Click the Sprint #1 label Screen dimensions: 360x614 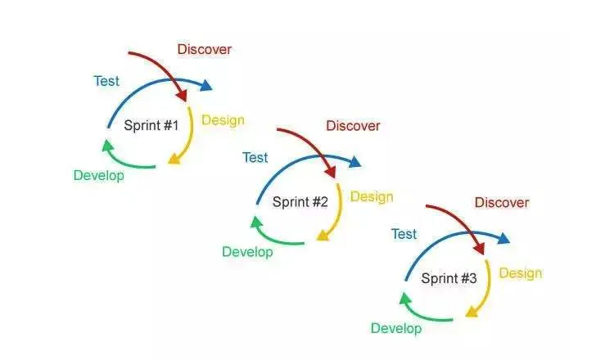[151, 125]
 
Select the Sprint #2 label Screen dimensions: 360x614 [300, 201]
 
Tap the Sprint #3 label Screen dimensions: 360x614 [449, 278]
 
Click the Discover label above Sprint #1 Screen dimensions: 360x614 [204, 49]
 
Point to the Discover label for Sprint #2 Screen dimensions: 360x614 [353, 125]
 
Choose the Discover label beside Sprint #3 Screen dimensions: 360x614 [502, 202]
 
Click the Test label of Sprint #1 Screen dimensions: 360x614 [106, 81]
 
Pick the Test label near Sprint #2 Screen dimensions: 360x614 [255, 157]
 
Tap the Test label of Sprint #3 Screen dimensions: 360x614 [404, 234]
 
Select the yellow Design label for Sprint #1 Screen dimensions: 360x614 [223, 120]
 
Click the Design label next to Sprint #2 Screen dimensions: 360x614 [372, 196]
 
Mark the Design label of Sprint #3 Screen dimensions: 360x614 [521, 273]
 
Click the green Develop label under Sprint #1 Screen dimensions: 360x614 [98, 175]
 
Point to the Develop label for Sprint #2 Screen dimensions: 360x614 [247, 252]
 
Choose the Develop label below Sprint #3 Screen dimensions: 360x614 [396, 328]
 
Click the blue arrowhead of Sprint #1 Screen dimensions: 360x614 [206, 85]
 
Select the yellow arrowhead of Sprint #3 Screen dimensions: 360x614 [472, 312]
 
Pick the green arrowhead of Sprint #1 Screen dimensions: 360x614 [107, 146]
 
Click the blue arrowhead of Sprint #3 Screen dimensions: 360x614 [503, 238]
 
